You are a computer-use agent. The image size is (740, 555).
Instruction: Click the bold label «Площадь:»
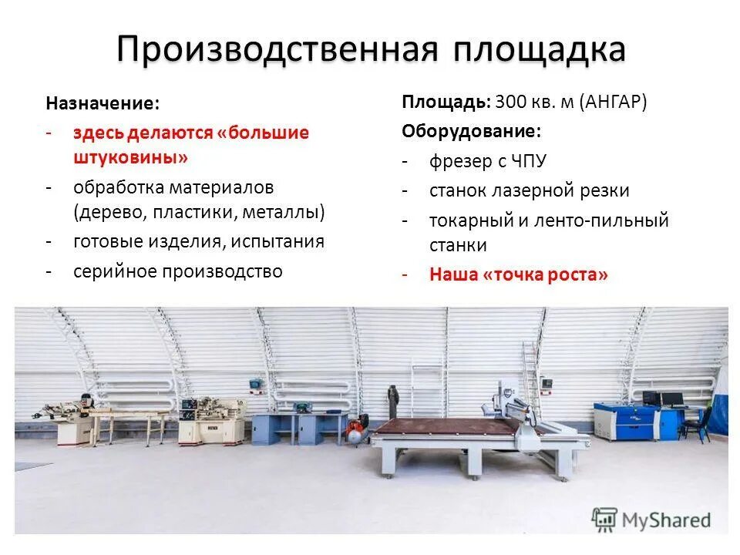coord(446,102)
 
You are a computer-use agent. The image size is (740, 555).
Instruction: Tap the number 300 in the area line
coord(510,102)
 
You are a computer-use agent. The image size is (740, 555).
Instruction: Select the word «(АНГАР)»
coord(612,102)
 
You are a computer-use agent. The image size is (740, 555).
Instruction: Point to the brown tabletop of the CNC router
coord(446,425)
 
